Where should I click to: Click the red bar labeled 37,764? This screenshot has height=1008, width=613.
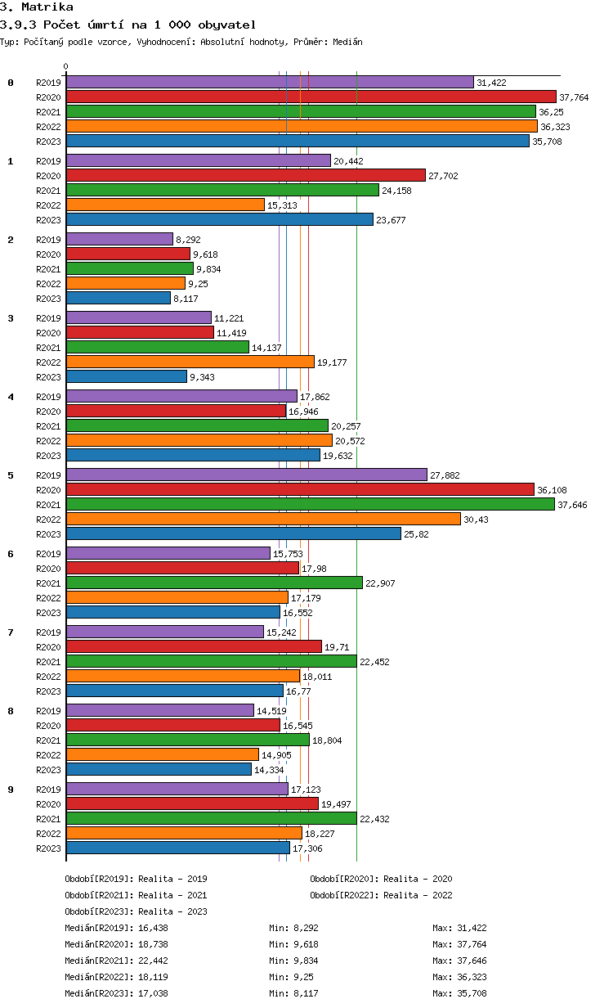pyautogui.click(x=311, y=97)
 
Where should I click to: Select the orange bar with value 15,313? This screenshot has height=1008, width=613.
pyautogui.click(x=165, y=205)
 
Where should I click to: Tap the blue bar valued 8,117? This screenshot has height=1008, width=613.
pyautogui.click(x=118, y=298)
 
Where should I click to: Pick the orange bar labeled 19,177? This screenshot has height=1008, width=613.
pyautogui.click(x=190, y=362)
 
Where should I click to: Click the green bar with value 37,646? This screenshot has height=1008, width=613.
pyautogui.click(x=310, y=504)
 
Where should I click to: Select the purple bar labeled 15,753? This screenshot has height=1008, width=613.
pyautogui.click(x=168, y=553)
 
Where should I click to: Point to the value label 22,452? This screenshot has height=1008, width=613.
pyautogui.click(x=377, y=661)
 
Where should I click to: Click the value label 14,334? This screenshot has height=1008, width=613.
pyautogui.click(x=271, y=770)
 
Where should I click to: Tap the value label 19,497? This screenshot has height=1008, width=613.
pyautogui.click(x=338, y=804)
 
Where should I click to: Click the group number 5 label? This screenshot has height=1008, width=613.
pyautogui.click(x=11, y=475)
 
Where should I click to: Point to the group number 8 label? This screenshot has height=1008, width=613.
pyautogui.click(x=11, y=711)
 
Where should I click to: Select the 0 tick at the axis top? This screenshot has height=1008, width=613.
pyautogui.click(x=66, y=66)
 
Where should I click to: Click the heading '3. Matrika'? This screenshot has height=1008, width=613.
pyautogui.click(x=37, y=7)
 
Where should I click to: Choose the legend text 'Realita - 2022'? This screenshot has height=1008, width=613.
pyautogui.click(x=418, y=895)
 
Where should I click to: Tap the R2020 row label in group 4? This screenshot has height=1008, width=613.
pyautogui.click(x=48, y=412)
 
